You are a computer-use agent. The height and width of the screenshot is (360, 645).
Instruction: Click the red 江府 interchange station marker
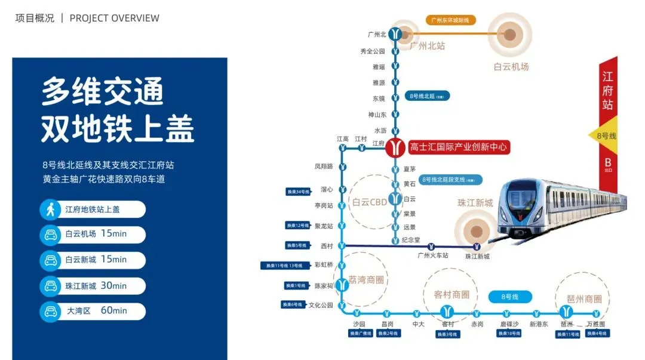(395, 147)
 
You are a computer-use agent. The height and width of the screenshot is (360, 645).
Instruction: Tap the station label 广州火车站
(432, 256)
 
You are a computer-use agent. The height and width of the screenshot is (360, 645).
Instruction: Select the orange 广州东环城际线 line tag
(451, 20)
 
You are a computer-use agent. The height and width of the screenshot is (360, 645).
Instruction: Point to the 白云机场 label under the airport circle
(511, 67)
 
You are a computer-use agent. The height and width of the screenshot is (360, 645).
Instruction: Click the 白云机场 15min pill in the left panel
(93, 234)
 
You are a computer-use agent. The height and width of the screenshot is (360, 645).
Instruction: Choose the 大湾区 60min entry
(93, 311)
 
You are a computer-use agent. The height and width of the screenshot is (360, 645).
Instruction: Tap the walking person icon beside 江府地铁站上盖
(50, 209)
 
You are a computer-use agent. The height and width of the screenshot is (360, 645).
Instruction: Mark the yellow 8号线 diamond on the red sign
(603, 136)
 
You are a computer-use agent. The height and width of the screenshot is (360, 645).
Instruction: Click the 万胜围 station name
(595, 324)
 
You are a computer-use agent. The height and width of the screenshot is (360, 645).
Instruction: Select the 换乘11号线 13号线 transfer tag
(285, 266)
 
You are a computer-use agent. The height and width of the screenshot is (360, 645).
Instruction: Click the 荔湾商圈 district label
(367, 279)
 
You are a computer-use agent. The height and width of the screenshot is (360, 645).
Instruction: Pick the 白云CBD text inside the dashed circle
(370, 202)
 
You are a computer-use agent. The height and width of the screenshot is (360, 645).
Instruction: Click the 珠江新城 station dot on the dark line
(477, 246)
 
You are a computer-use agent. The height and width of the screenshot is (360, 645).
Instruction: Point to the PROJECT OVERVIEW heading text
(115, 18)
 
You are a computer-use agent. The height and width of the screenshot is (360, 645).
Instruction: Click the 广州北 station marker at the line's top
(395, 35)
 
